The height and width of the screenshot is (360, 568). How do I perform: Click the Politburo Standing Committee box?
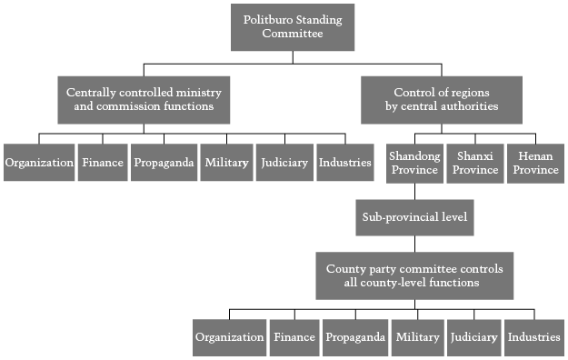click(293, 27)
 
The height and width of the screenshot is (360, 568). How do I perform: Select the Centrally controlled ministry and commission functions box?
click(144, 100)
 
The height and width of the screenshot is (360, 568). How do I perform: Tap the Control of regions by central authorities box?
click(442, 100)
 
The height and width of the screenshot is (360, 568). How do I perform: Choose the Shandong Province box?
click(414, 164)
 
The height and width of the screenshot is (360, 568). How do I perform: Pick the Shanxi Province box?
click(475, 164)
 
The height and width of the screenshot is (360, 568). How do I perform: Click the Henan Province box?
click(536, 164)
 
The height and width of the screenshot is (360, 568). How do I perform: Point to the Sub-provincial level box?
click(414, 217)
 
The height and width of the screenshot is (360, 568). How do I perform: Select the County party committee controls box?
click(414, 275)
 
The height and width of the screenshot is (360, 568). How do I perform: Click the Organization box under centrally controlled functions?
click(39, 163)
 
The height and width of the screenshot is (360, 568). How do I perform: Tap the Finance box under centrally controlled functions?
click(103, 163)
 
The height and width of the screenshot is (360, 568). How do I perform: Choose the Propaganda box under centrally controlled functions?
click(164, 163)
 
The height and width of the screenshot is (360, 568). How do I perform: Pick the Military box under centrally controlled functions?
click(227, 163)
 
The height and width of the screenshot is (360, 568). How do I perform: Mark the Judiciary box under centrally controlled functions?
click(284, 163)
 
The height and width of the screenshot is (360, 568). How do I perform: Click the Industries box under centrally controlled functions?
click(345, 163)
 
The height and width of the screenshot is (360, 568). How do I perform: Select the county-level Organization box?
click(230, 337)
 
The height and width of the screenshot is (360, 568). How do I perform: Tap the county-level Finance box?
click(294, 337)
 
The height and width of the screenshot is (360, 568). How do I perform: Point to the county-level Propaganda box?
click(355, 337)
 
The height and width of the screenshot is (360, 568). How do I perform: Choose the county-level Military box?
click(418, 337)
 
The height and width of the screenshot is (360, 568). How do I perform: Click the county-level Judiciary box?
click(474, 337)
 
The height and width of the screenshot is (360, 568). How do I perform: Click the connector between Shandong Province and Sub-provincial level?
click(414, 192)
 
